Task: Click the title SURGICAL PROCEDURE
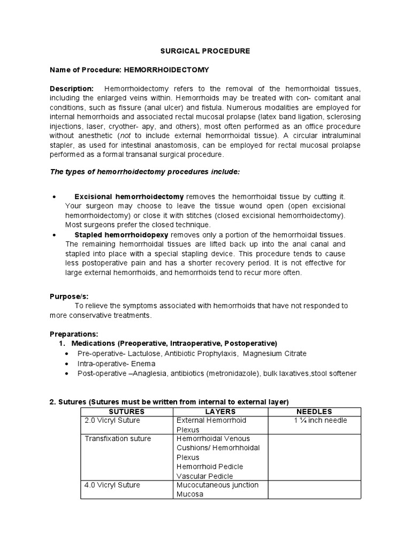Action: [x=205, y=51]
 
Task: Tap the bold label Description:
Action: [x=72, y=88]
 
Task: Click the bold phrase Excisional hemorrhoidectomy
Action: [x=129, y=197]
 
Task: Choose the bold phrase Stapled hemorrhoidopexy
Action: [x=121, y=235]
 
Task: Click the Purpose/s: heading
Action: [x=69, y=296]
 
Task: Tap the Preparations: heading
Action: [x=74, y=334]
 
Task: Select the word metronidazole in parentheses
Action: [x=221, y=373]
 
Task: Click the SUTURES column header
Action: [x=126, y=412]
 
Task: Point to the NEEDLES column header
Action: [x=314, y=412]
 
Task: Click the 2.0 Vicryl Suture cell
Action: [x=112, y=421]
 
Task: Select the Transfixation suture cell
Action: [x=118, y=439]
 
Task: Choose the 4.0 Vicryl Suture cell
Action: [x=112, y=485]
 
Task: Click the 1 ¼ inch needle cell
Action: [x=320, y=421]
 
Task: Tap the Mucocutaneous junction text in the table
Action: [x=217, y=485]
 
